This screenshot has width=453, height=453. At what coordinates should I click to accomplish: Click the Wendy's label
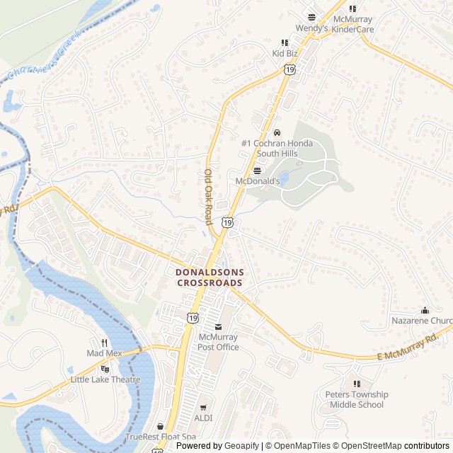311,29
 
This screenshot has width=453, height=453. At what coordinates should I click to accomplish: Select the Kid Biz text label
285,53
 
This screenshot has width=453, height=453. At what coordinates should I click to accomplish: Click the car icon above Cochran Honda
277,132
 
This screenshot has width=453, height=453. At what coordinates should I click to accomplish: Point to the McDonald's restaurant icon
256,171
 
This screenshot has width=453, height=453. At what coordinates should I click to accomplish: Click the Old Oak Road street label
209,197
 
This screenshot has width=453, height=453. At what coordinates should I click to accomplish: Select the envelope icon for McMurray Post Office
217,327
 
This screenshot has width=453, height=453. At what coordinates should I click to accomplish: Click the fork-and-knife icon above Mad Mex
104,343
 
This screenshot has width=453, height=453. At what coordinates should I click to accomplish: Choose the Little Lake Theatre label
105,379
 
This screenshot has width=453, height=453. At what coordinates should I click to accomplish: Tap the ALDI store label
203,418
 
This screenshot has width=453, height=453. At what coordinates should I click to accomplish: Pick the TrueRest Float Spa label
161,437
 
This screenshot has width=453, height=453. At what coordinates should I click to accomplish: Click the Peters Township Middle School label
357,399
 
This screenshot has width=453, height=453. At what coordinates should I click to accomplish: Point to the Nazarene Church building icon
425,310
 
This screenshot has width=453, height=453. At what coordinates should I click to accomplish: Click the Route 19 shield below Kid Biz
289,69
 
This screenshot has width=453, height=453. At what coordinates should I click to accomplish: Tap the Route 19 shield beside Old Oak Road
226,222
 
